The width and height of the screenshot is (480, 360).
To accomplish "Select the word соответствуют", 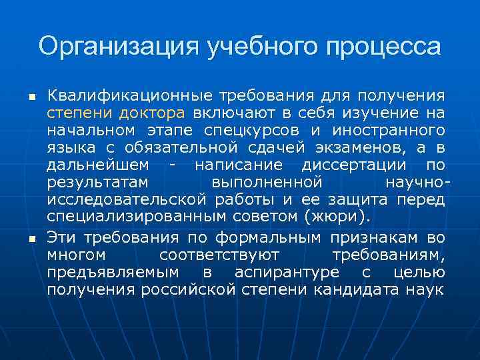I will coord(219,255).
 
